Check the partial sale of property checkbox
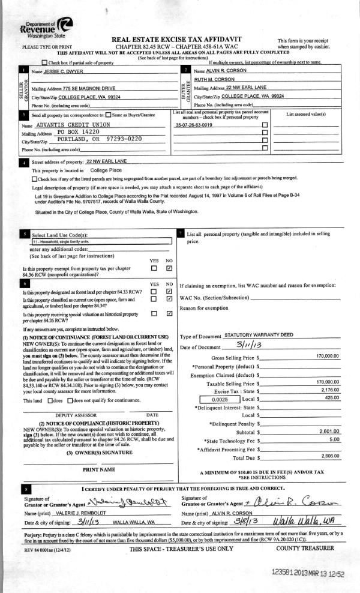coord(44,62)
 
